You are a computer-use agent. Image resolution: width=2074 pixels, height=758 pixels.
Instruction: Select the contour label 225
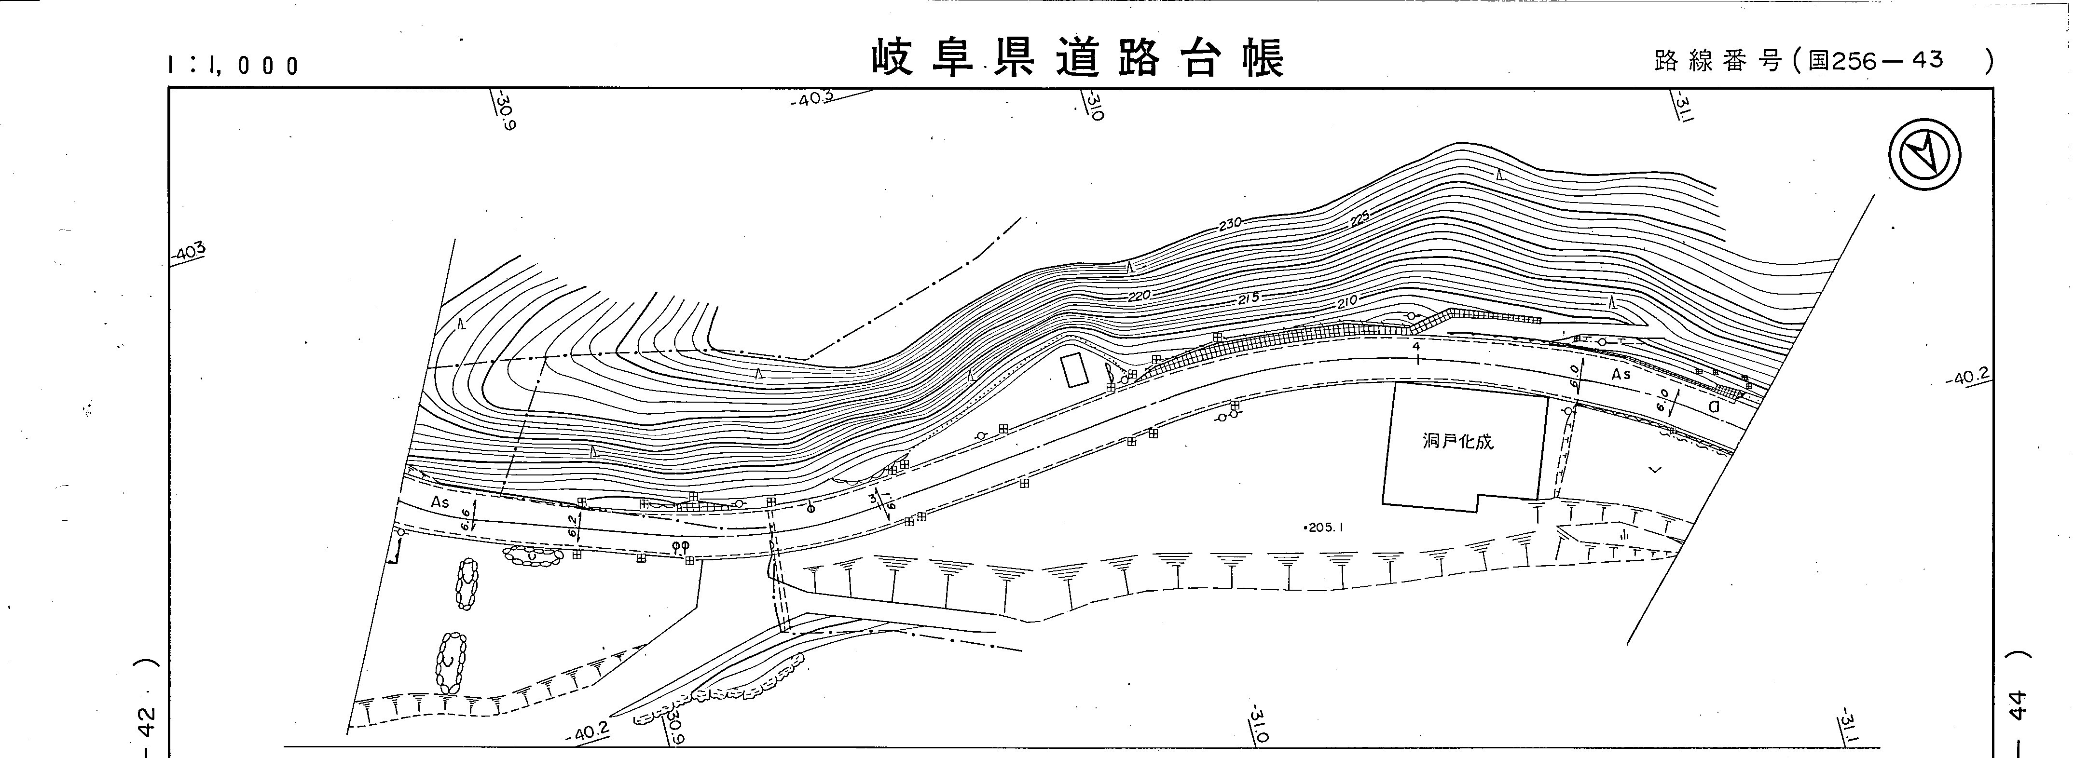pyautogui.click(x=1359, y=217)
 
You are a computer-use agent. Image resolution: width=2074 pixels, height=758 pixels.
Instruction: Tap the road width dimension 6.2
pyautogui.click(x=573, y=526)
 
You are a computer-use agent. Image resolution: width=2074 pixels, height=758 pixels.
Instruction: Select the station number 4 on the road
pyautogui.click(x=1415, y=345)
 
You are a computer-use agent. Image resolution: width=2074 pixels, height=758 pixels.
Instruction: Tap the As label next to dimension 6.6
pyautogui.click(x=440, y=502)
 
